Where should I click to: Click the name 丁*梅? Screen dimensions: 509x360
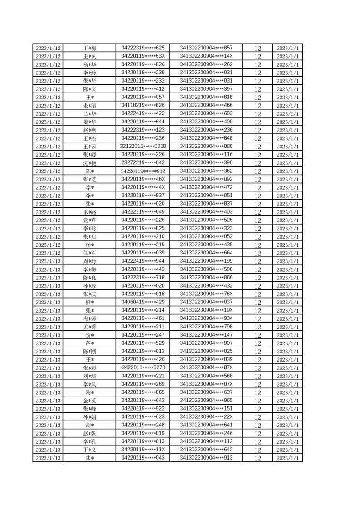[x=89, y=48]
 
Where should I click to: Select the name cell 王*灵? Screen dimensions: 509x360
[x=89, y=56]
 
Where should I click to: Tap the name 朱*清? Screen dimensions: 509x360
[x=89, y=106]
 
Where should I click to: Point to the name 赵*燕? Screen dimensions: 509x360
[x=89, y=130]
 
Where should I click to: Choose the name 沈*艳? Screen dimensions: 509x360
[x=89, y=163]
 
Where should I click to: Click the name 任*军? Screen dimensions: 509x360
[x=89, y=253]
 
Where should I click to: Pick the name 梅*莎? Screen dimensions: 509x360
[x=89, y=319]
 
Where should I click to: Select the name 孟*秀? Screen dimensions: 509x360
[x=89, y=327]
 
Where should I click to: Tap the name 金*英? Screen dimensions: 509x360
[x=89, y=401]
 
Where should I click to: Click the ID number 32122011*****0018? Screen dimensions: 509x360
[x=143, y=146]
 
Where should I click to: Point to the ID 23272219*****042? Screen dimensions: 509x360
[x=143, y=162]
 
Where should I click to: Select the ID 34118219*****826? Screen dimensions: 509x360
[x=143, y=105]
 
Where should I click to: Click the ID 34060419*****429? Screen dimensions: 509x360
[x=143, y=302]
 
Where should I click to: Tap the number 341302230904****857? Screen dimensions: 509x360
[x=206, y=48]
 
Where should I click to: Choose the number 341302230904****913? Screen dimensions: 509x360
[x=206, y=458]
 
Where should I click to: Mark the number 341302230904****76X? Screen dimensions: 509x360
[x=206, y=294]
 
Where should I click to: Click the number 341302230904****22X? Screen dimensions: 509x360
[x=206, y=417]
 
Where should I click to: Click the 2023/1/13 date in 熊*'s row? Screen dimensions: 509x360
[x=48, y=303]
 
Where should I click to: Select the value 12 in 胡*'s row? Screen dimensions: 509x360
[x=257, y=426]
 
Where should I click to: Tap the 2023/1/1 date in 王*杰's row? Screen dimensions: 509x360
[x=287, y=138]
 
